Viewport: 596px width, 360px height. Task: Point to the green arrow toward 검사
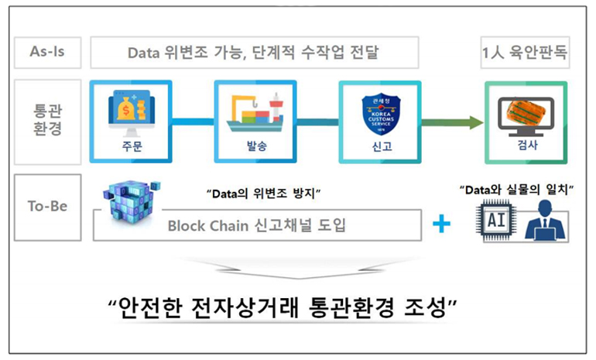(x=450, y=121)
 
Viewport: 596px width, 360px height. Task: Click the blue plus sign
(x=440, y=223)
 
